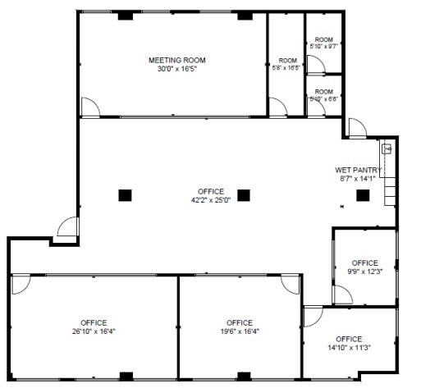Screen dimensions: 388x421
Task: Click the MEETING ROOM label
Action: pyautogui.click(x=176, y=60)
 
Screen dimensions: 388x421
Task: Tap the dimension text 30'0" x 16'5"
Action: pyautogui.click(x=176, y=69)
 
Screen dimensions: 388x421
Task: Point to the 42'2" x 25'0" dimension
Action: pyautogui.click(x=211, y=199)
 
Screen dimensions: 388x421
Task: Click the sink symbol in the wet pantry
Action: pyautogui.click(x=387, y=149)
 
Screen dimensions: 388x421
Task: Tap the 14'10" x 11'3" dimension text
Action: pyautogui.click(x=349, y=348)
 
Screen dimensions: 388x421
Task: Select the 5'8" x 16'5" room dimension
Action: pyautogui.click(x=286, y=69)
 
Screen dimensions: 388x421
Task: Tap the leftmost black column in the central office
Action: pyautogui.click(x=125, y=195)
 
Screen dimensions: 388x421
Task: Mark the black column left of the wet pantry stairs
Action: pyautogui.click(x=361, y=195)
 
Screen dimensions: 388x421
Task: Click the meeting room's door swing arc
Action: pyautogui.click(x=90, y=107)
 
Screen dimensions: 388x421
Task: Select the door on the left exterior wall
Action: pyautogui.click(x=69, y=227)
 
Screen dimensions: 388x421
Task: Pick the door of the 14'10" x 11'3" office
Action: pyautogui.click(x=313, y=317)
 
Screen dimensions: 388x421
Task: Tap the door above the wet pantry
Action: pyautogui.click(x=357, y=127)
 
